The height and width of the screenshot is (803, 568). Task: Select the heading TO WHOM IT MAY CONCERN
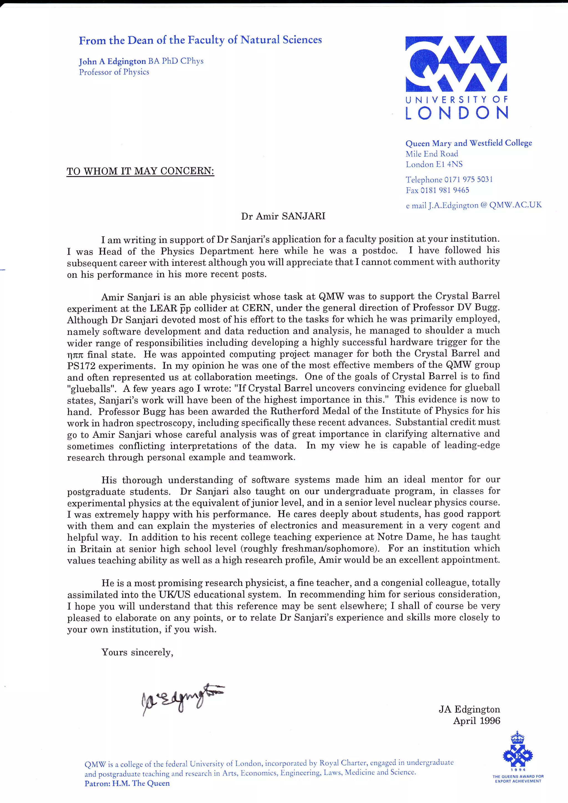pyautogui.click(x=140, y=171)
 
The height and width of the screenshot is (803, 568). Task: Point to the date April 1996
pyautogui.click(x=476, y=721)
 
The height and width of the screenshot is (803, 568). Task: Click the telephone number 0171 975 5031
pyautogui.click(x=468, y=179)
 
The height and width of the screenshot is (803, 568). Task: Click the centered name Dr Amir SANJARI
pyautogui.click(x=283, y=216)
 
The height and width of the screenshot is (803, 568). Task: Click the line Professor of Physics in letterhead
pyautogui.click(x=114, y=72)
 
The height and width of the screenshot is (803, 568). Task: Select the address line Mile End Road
pyautogui.click(x=432, y=154)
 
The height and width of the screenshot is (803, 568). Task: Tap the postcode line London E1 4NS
pyautogui.click(x=434, y=164)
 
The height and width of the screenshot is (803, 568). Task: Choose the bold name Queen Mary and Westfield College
pyautogui.click(x=468, y=143)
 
